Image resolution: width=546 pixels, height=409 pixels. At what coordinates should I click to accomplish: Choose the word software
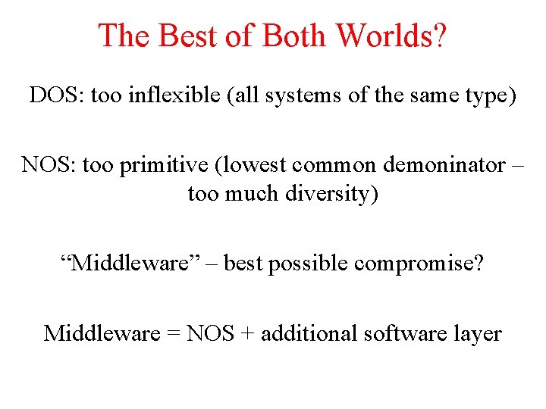(x=410, y=333)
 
